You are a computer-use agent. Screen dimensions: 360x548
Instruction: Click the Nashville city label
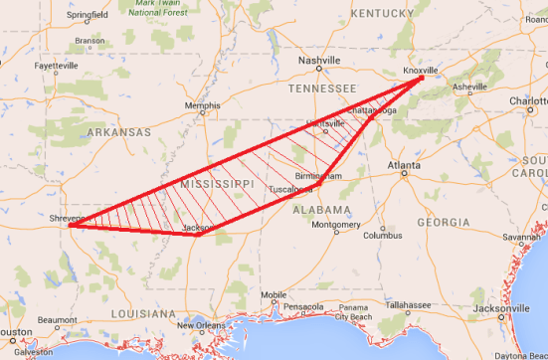(x=320, y=60)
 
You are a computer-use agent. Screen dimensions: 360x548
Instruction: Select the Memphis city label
(x=203, y=105)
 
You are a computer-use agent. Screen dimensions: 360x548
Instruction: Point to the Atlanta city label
(x=403, y=165)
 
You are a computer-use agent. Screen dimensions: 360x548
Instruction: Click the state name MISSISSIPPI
(x=218, y=186)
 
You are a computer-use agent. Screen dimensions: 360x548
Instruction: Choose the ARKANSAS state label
(x=118, y=131)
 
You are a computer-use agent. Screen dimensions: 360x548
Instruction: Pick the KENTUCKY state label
(x=380, y=13)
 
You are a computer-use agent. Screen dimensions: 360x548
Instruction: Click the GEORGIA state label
(x=444, y=222)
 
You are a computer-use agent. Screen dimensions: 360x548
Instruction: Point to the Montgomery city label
(x=335, y=225)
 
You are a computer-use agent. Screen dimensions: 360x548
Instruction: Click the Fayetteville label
(x=56, y=66)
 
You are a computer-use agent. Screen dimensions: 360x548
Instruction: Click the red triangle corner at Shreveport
(x=69, y=226)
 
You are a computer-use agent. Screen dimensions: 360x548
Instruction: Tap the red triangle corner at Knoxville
(x=422, y=79)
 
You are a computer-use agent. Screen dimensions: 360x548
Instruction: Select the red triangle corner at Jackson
(x=199, y=235)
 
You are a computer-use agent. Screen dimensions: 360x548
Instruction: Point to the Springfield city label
(x=89, y=16)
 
